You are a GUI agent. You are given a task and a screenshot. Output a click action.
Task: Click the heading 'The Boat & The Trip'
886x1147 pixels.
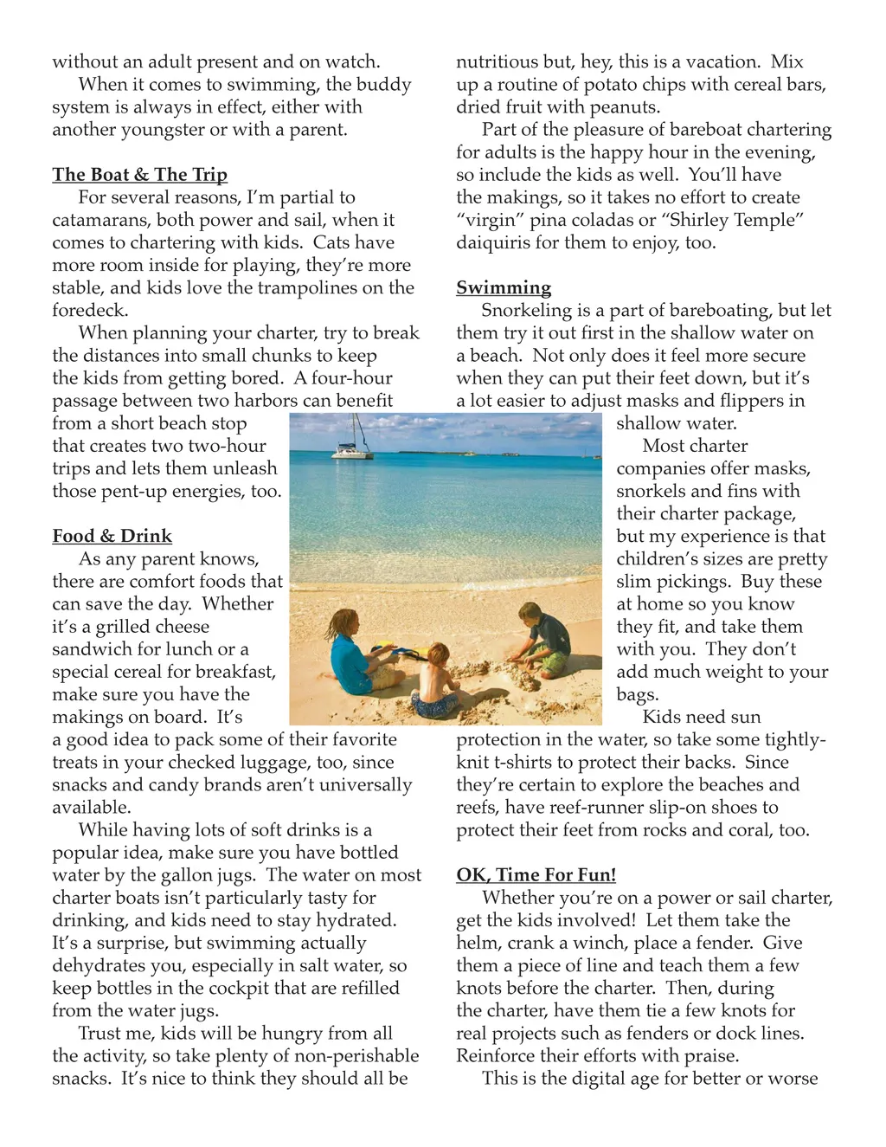coord(139,175)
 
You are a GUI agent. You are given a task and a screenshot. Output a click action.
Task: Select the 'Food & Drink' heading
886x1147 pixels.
coord(112,536)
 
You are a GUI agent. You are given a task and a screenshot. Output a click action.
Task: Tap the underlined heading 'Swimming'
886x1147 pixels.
coord(504,287)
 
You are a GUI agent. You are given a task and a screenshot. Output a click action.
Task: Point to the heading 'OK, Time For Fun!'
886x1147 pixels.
coord(536,875)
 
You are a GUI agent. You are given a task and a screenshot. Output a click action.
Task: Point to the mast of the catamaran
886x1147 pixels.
coord(354,428)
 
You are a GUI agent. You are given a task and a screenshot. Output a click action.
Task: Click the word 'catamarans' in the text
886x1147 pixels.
coord(101,220)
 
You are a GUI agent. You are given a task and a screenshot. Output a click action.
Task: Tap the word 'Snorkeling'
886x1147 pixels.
coord(527,310)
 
